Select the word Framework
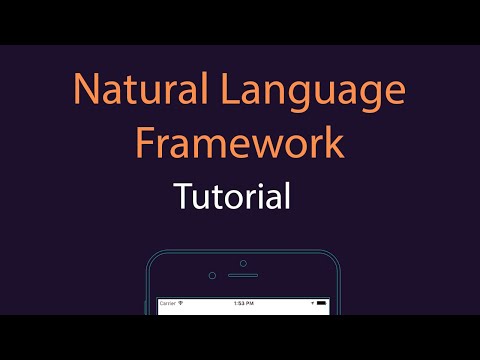(x=240, y=143)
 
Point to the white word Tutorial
(x=232, y=194)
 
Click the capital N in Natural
(x=85, y=92)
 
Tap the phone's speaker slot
(x=242, y=275)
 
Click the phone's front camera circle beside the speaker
(x=212, y=275)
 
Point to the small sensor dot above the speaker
(x=242, y=264)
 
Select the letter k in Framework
(x=334, y=143)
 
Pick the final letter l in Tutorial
(x=287, y=194)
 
